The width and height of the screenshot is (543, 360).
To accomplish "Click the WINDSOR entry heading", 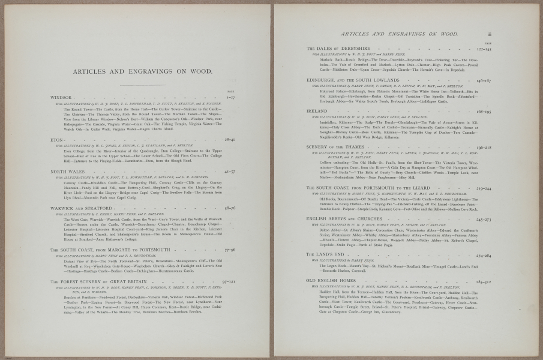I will [x=63, y=97].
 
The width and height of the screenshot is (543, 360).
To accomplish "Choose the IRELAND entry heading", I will [x=317, y=111].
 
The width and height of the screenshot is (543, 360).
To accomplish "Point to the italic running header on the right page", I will [x=399, y=35].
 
